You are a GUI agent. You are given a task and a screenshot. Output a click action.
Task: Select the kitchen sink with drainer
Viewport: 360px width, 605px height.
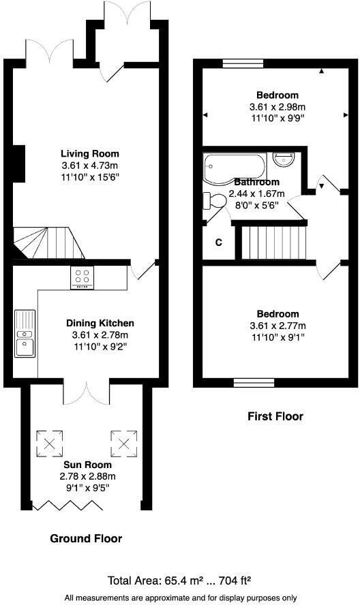25,334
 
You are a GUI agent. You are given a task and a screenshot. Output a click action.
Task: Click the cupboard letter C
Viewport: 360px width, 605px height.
219,242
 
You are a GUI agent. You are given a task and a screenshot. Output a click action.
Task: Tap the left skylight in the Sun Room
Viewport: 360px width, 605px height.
50,444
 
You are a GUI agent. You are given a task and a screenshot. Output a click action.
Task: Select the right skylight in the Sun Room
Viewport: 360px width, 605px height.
123,444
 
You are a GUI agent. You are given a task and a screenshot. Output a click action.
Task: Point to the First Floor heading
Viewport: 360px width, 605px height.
275,416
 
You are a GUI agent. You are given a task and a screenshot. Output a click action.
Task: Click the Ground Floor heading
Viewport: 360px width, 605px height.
86,539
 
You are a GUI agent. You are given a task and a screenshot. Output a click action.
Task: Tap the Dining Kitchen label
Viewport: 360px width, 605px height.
100,323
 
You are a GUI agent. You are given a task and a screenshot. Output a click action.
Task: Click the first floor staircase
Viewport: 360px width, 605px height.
272,243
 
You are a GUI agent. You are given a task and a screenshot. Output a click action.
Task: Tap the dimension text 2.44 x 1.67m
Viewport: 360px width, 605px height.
257,193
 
